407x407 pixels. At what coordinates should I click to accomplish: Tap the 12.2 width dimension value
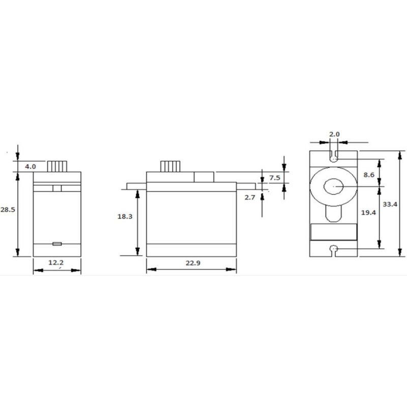pyautogui.click(x=56, y=263)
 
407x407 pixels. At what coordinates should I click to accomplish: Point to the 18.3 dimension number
pyautogui.click(x=125, y=217)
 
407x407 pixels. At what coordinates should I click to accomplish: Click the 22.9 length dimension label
pyautogui.click(x=191, y=263)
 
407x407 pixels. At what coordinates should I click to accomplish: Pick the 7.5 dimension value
pyautogui.click(x=274, y=178)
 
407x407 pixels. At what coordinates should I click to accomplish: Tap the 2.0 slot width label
pyautogui.click(x=334, y=134)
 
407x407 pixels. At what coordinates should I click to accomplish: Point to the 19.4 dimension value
pyautogui.click(x=368, y=214)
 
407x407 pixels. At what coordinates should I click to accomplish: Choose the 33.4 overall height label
pyautogui.click(x=390, y=203)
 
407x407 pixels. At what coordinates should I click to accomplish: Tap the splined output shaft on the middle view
pyautogui.click(x=170, y=166)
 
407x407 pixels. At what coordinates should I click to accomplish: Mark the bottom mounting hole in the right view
pyautogui.click(x=334, y=249)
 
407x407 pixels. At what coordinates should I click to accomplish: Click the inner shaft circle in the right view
pyautogui.click(x=334, y=187)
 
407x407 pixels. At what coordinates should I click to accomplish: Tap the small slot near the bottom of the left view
pyautogui.click(x=57, y=244)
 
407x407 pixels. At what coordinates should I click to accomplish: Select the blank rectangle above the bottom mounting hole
pyautogui.click(x=334, y=232)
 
